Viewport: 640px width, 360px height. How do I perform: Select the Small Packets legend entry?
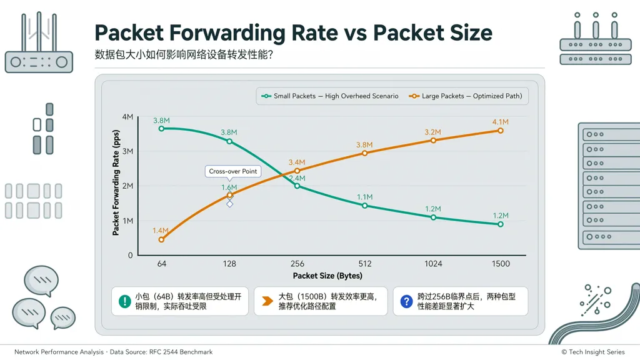330,96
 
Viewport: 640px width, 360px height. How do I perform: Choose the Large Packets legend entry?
465,96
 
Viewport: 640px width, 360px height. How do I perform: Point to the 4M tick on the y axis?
127,117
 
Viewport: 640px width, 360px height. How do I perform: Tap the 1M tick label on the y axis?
127,221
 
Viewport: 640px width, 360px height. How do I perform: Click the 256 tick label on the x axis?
297,264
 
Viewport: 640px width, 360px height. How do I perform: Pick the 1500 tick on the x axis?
501,264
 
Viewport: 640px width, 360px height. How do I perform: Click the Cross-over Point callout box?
233,171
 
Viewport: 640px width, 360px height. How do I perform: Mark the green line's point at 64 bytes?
162,129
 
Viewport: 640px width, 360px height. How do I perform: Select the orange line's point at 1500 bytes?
501,131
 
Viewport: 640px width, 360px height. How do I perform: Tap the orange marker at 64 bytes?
162,239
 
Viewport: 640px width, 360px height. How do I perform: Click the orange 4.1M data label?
501,122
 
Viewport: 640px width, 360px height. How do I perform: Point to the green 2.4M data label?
297,178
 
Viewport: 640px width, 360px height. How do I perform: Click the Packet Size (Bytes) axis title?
327,276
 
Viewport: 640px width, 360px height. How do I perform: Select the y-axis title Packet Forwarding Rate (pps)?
116,182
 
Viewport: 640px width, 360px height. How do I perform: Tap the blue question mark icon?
406,302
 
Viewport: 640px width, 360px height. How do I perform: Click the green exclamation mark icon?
124,302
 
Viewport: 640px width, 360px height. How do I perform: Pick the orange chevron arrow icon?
267,301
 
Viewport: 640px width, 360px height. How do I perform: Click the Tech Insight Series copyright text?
593,352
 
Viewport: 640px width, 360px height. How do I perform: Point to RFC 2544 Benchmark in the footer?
181,352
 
